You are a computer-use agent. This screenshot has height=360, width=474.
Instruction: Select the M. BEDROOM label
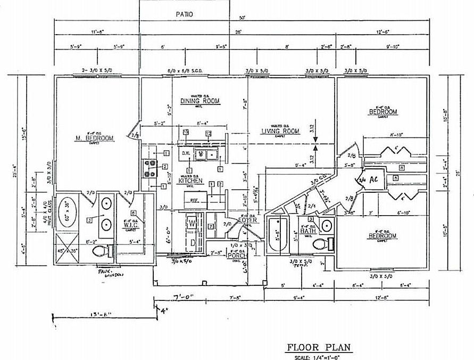pyautogui.click(x=94, y=138)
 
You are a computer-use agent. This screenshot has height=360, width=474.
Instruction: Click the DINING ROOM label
pyautogui.click(x=200, y=101)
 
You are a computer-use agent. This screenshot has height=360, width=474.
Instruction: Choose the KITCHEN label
pyautogui.click(x=190, y=181)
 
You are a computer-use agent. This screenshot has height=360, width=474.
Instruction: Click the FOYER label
pyautogui.click(x=247, y=219)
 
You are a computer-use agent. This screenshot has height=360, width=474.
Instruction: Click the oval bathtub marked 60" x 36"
pyautogui.click(x=68, y=212)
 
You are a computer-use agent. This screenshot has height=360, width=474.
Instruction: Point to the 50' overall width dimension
pyautogui.click(x=242, y=18)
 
